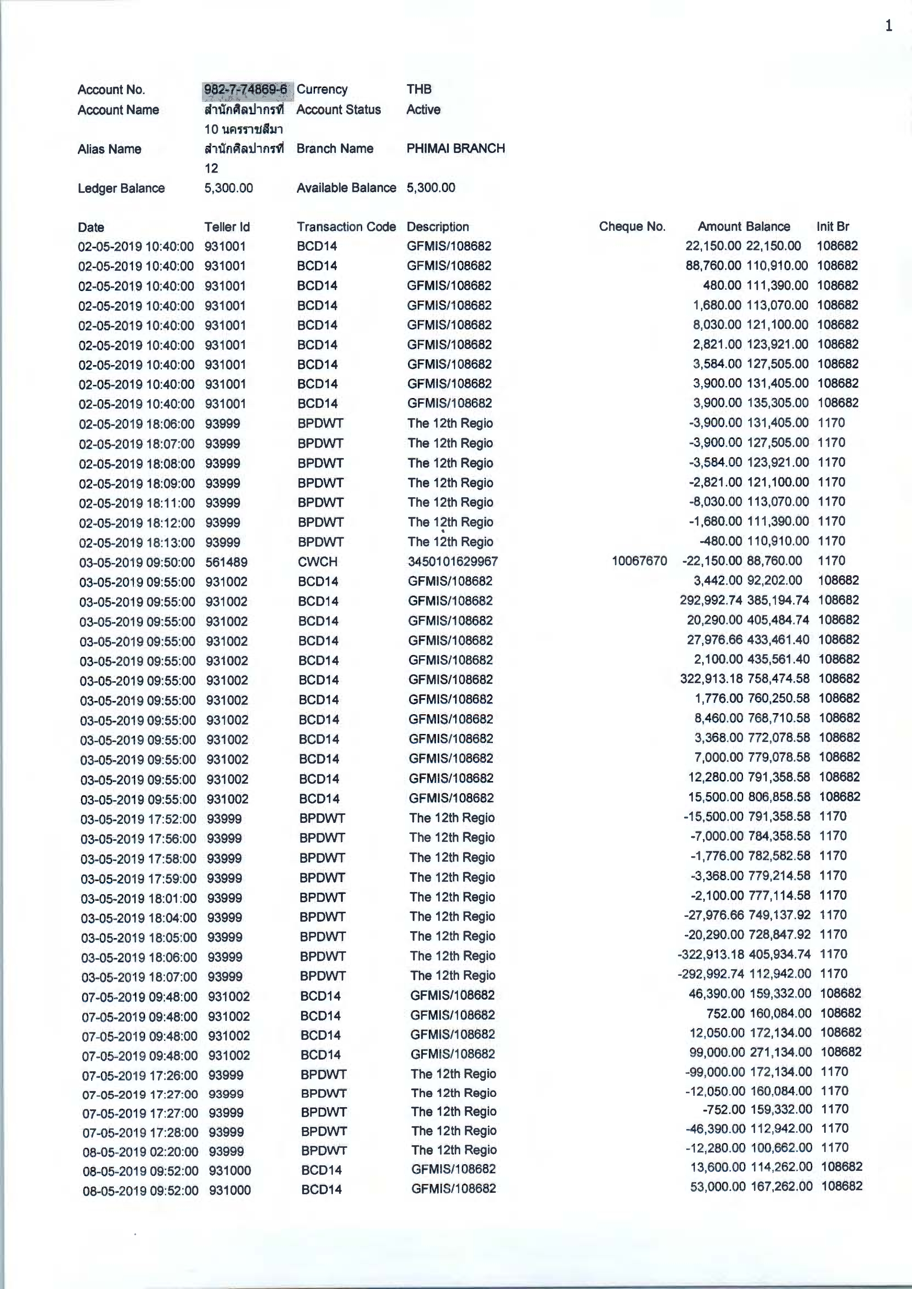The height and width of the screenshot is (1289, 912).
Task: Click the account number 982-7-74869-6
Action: [245, 89]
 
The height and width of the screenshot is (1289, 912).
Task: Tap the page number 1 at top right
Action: [889, 26]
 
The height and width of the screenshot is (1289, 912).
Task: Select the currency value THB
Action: [419, 89]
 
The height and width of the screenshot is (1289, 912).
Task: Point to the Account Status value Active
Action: [423, 109]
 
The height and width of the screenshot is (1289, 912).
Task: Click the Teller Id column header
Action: [227, 227]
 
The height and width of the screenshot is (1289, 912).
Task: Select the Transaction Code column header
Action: [346, 227]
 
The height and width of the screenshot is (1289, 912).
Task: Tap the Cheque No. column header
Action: [632, 226]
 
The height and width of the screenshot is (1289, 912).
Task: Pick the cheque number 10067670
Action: [639, 561]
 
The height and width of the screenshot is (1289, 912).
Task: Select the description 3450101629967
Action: [453, 562]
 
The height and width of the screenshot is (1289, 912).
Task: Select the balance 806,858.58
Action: [779, 797]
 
